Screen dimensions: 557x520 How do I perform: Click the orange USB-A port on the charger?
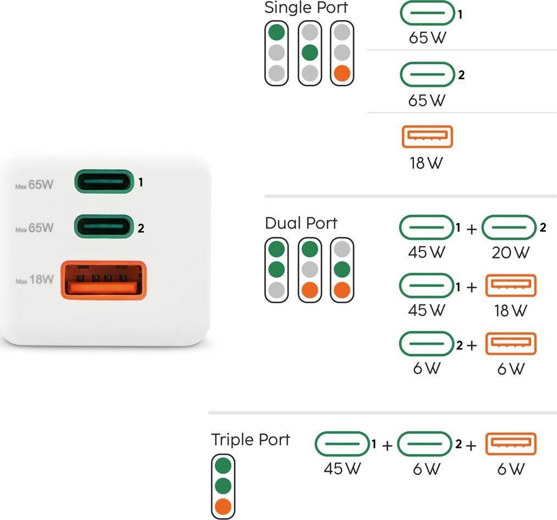(104, 280)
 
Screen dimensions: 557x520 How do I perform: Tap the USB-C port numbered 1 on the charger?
(104, 182)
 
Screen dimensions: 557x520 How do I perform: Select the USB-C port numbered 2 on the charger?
(104, 226)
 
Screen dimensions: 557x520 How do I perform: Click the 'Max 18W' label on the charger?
(35, 279)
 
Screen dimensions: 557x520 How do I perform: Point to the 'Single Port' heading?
(306, 8)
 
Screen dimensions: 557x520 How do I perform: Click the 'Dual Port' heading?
(301, 223)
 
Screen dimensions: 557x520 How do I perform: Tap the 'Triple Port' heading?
(250, 440)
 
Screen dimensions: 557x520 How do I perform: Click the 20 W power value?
(510, 253)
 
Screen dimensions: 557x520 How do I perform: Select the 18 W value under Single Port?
(426, 163)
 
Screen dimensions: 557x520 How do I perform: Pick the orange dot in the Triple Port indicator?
(223, 506)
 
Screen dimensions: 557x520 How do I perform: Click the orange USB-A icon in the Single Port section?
(427, 137)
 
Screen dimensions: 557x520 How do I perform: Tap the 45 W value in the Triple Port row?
(342, 468)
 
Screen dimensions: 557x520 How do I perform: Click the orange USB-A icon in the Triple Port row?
(511, 444)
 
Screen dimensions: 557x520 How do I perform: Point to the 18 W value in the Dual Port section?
(510, 311)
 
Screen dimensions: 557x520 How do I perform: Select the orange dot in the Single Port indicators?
(342, 73)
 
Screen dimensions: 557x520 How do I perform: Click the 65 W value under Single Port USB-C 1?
(427, 38)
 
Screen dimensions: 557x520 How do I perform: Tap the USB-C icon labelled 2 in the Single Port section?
(427, 75)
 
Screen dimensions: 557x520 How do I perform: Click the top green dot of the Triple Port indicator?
(223, 465)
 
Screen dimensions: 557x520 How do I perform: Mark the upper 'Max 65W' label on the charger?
(34, 184)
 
